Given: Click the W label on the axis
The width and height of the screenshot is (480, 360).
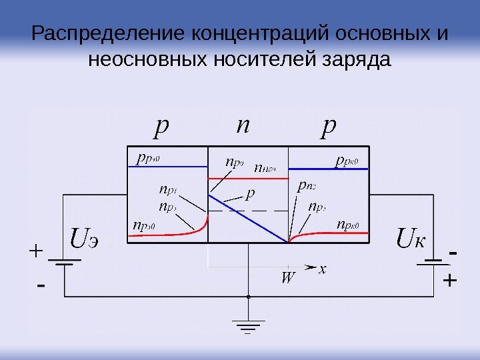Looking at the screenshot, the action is (287, 277).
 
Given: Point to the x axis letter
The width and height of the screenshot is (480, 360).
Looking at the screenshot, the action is (323, 269).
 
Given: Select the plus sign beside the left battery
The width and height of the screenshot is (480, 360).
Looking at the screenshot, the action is (35, 252).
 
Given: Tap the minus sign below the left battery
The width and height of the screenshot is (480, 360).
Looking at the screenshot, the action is (41, 287).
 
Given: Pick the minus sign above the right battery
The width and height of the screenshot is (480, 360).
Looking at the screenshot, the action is (453, 254).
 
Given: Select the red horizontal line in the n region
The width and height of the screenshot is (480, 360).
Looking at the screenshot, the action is (248, 179).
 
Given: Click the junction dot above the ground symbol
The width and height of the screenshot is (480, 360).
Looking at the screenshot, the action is (248, 296).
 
